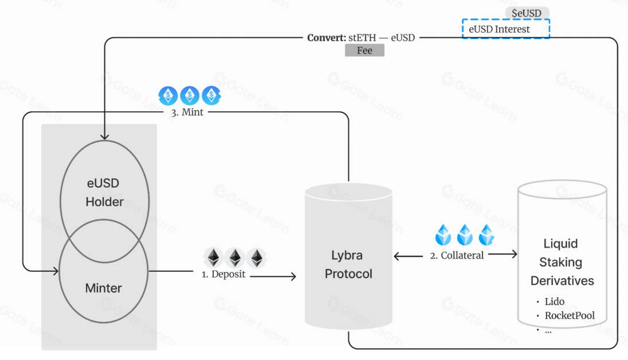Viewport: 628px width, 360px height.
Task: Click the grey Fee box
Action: click(364, 50)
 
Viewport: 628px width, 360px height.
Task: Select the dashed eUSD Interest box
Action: click(505, 29)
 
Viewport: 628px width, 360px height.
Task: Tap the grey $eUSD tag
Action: click(527, 13)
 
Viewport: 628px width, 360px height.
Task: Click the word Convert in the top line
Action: click(326, 38)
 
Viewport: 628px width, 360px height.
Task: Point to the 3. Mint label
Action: click(187, 113)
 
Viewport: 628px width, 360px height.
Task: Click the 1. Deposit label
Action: click(223, 274)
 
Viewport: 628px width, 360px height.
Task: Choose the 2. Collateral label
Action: click(457, 255)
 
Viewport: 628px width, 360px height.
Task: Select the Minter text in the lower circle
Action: click(104, 288)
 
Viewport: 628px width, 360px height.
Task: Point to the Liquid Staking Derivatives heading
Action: click(562, 263)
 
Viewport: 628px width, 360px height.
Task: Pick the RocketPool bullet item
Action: click(569, 315)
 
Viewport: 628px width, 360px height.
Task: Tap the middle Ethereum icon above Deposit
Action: click(235, 257)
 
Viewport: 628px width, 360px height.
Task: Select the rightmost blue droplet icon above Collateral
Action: click(486, 234)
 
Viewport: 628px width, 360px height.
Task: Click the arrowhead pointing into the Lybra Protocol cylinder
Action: click(293, 277)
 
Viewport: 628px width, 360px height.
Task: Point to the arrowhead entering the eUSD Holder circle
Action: click(104, 136)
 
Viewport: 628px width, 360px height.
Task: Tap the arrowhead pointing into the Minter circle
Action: click(56, 270)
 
